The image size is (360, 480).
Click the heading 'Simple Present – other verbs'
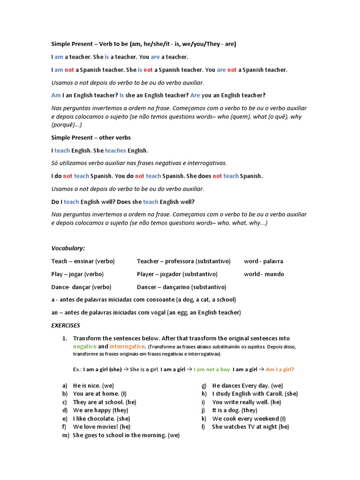91,138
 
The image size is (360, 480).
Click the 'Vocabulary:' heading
68,248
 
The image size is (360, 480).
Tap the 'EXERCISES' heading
66,325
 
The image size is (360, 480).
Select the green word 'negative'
84,346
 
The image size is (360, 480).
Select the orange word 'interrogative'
127,346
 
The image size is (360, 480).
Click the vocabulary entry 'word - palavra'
263,261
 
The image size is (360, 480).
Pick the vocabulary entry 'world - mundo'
264,274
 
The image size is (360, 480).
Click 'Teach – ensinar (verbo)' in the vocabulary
83,261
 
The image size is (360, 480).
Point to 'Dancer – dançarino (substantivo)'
181,287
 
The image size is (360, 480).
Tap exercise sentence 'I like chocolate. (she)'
102,419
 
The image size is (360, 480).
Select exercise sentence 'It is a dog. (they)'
235,410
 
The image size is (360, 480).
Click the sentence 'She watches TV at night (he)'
250,427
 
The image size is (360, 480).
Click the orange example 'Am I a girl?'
280,369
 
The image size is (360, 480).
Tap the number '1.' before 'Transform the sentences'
65,338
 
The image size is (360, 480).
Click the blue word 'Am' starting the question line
56,95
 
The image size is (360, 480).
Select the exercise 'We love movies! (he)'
102,427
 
